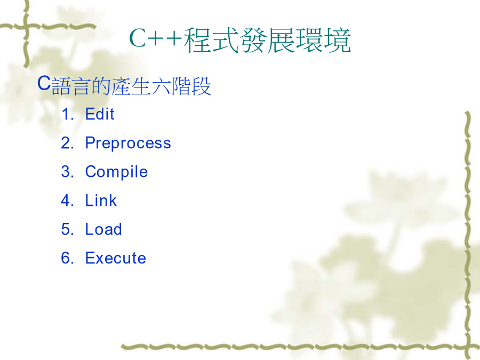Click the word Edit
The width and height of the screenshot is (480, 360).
tap(100, 114)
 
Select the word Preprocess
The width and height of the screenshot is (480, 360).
tap(128, 143)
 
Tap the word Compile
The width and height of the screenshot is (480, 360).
tap(116, 172)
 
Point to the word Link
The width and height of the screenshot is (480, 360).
tap(101, 201)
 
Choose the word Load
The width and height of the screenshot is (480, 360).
tap(103, 229)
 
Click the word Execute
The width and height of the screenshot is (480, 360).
tap(115, 258)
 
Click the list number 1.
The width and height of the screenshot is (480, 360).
tap(67, 114)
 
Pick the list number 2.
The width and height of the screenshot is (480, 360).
tap(67, 143)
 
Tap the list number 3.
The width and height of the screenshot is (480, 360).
tap(67, 172)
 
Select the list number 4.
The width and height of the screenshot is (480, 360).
tap(67, 201)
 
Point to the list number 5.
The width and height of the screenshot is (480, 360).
tap(67, 229)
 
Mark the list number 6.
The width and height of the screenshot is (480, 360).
tap(67, 258)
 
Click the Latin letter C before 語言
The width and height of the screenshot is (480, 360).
tap(44, 83)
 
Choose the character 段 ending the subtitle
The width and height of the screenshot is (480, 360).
tap(202, 86)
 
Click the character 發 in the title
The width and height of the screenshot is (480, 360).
tap(253, 40)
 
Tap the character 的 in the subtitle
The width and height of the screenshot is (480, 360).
tap(101, 86)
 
